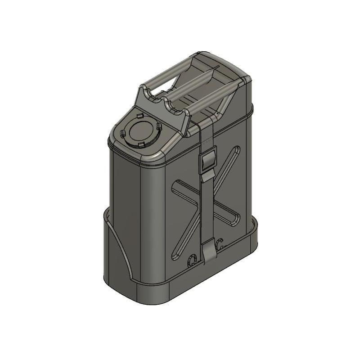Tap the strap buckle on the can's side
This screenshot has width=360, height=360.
point(208,162)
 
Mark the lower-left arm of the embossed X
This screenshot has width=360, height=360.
point(184,238)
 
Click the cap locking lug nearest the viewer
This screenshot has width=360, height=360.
point(141,144)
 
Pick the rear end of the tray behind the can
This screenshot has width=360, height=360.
point(254,234)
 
